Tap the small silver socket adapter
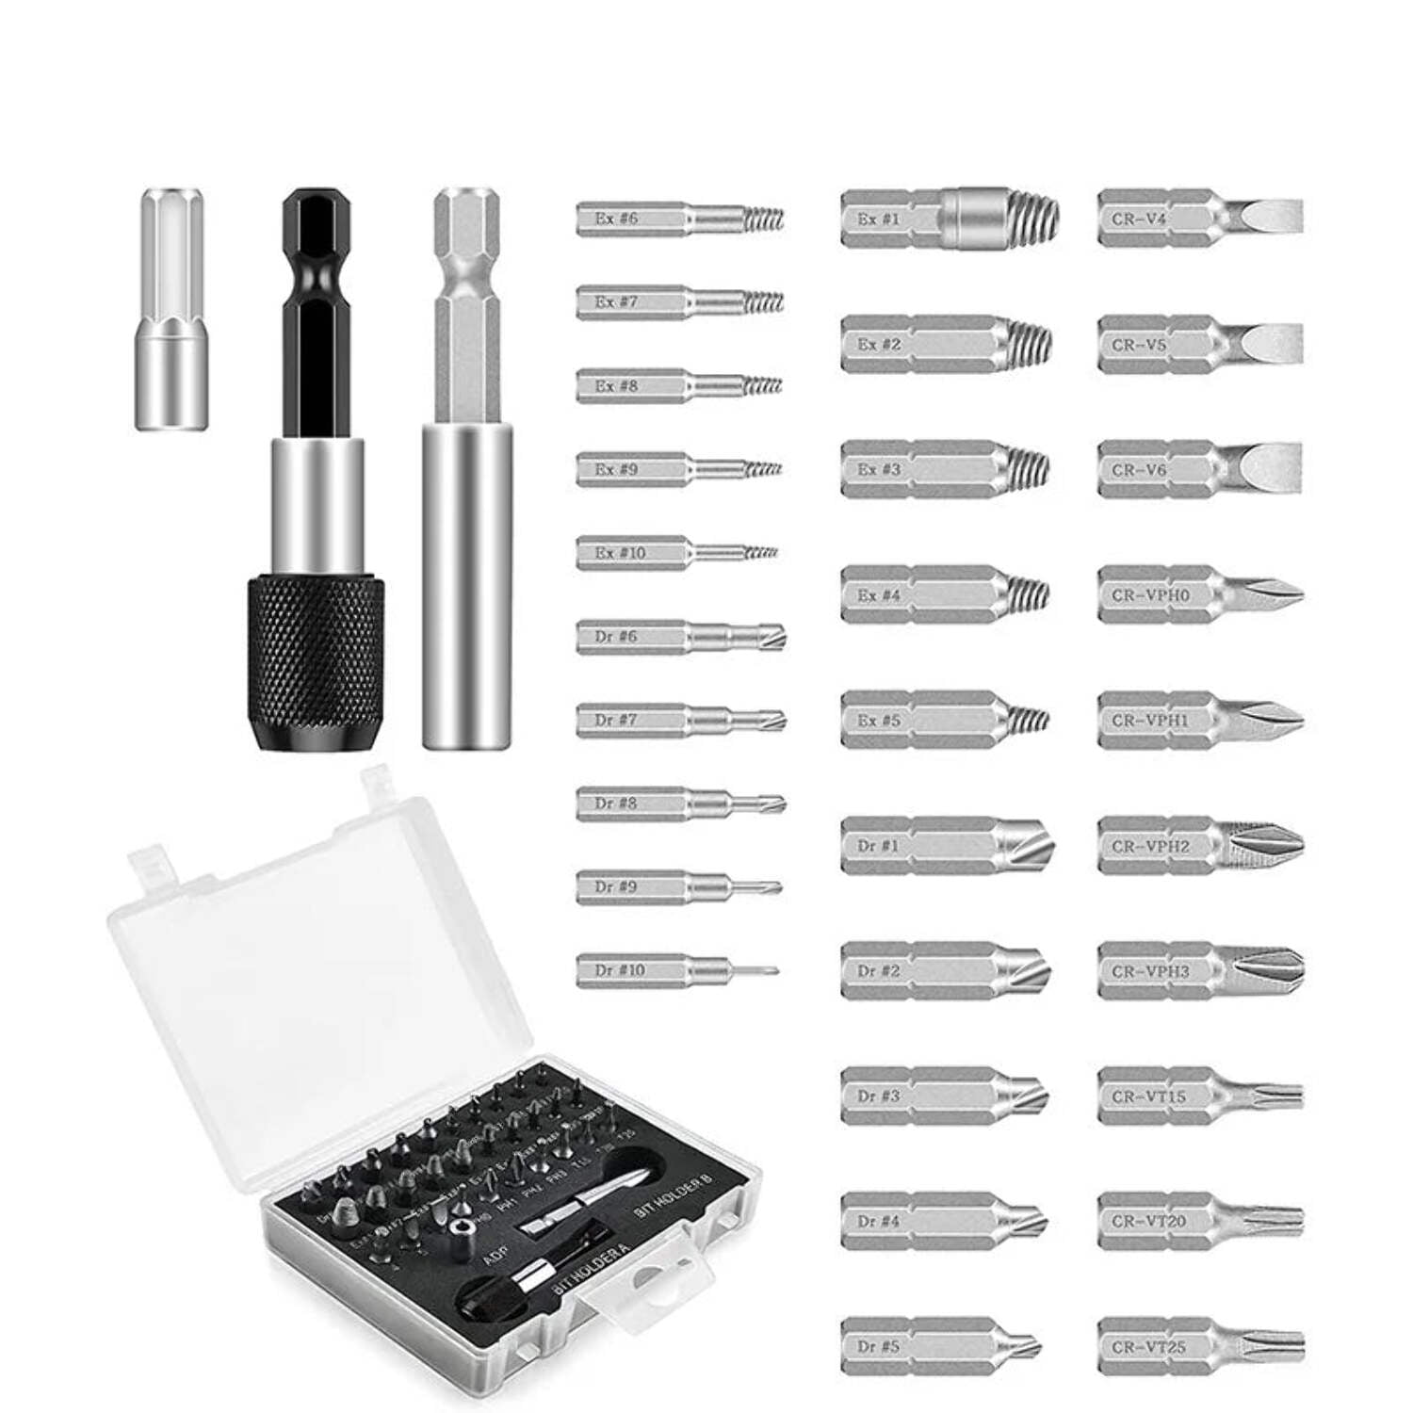click(171, 311)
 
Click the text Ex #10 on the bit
click(620, 552)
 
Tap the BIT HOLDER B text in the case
click(674, 1197)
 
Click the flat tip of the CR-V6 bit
click(1272, 468)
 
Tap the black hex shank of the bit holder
click(316, 311)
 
